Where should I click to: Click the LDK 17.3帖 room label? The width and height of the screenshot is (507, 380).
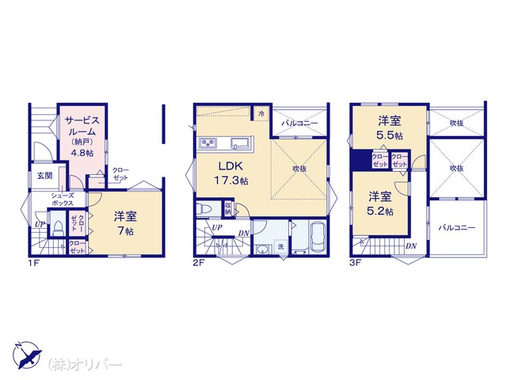click(231, 173)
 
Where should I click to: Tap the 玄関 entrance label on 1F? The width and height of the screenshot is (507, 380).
click(44, 176)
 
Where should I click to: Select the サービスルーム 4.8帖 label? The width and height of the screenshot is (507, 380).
click(82, 136)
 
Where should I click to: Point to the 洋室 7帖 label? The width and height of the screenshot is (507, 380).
click(125, 223)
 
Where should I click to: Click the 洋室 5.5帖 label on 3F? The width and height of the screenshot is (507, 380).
click(390, 127)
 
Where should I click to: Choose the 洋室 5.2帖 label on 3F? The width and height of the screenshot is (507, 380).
click(380, 203)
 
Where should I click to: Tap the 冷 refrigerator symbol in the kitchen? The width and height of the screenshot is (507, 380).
click(261, 113)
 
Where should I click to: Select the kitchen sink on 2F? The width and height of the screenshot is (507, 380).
click(239, 143)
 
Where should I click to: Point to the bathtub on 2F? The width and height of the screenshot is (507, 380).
click(318, 234)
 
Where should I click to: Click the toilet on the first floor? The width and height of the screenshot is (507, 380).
click(58, 227)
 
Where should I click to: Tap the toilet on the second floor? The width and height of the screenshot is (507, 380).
click(204, 209)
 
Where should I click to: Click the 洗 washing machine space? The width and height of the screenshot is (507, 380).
click(280, 246)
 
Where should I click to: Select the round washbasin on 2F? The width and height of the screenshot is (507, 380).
click(262, 249)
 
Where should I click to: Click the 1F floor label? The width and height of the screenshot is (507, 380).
click(33, 263)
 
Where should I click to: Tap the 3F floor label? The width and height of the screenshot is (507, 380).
click(355, 262)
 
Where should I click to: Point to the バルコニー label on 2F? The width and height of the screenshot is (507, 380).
click(299, 123)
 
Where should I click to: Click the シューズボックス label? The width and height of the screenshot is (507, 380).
click(63, 199)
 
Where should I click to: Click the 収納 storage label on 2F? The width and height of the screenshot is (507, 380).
click(228, 208)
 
